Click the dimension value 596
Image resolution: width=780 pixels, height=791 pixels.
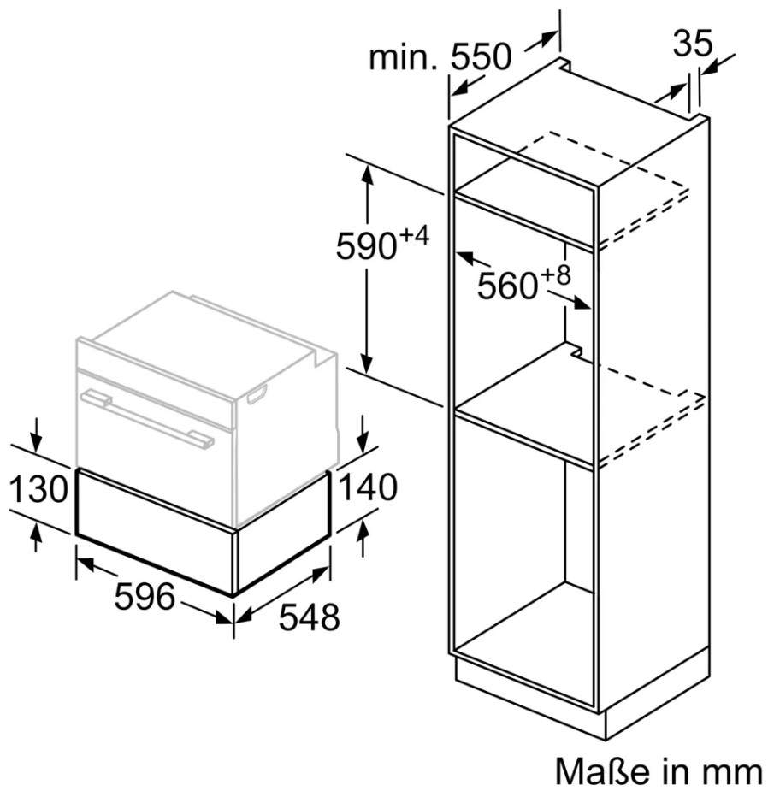[x=145, y=596]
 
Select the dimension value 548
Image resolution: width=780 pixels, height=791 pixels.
[x=310, y=617]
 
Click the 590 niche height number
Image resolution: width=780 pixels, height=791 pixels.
[x=366, y=245]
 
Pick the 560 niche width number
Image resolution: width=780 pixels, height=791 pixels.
[x=507, y=286]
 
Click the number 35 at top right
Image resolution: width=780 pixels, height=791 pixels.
[x=693, y=43]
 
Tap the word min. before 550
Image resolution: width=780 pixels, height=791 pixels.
[x=403, y=57]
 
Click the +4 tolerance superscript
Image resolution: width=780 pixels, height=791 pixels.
[x=414, y=235]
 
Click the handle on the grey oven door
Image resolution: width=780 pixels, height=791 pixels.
[x=147, y=416]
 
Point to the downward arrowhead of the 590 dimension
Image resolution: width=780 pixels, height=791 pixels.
[x=367, y=363]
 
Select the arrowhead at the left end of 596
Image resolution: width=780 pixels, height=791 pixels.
[x=86, y=564]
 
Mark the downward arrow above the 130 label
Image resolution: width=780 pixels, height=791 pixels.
[x=35, y=435]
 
